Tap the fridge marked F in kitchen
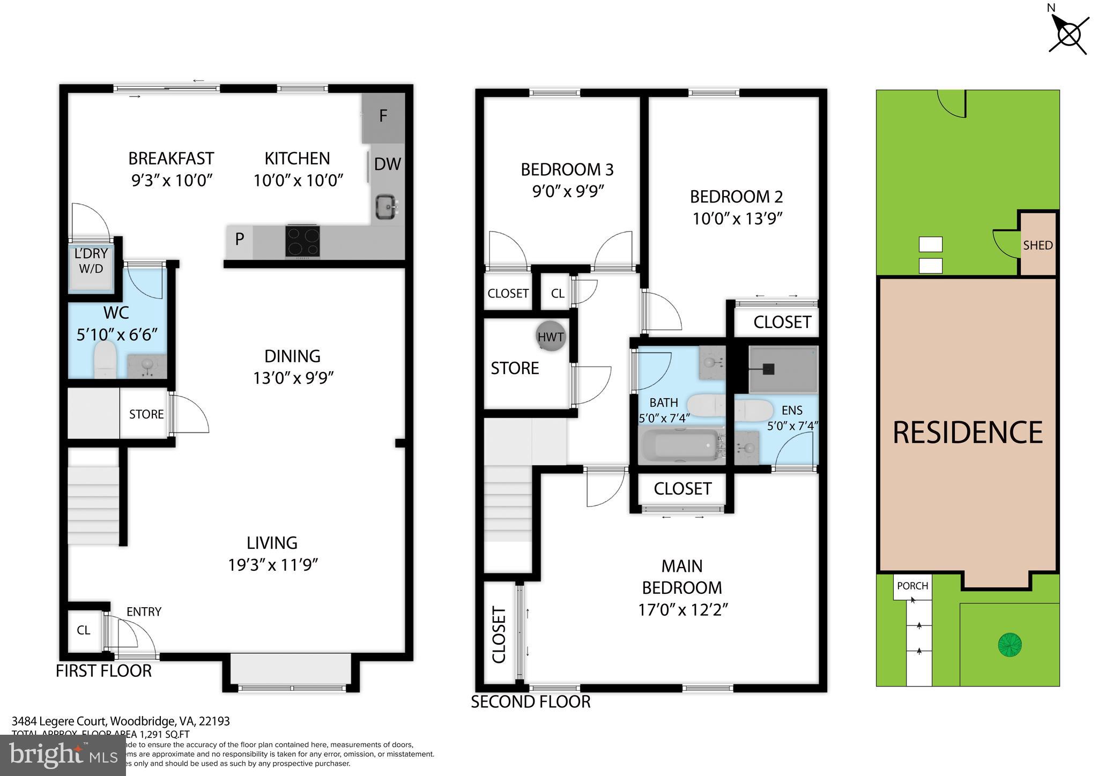[383, 117]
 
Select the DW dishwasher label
[387, 164]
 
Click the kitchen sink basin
[385, 206]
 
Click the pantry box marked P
[240, 239]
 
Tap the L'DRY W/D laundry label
[91, 261]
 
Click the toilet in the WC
[105, 360]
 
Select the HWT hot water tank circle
[551, 337]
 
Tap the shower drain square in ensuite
[769, 369]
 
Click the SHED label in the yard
[1037, 245]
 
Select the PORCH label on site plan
[912, 586]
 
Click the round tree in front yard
[1010, 644]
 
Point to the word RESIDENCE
[967, 432]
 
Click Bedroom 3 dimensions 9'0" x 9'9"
[568, 191]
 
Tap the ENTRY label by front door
[144, 611]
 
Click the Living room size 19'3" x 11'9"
[273, 565]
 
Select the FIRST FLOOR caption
[103, 671]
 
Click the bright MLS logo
[63, 756]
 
